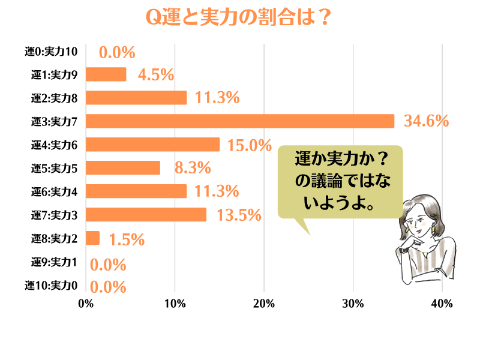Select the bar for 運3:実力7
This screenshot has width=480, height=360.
[x=240, y=121]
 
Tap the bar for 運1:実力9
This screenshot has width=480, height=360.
[x=106, y=74]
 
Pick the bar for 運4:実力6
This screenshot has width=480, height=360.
[x=153, y=145]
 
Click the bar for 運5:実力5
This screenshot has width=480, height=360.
[x=123, y=168]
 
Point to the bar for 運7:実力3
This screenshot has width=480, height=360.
[x=146, y=215]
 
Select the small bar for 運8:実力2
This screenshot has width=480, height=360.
[x=93, y=238]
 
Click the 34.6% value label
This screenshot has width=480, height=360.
[x=427, y=121]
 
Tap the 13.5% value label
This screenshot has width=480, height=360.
[x=239, y=215]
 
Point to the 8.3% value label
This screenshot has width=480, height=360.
[x=192, y=168]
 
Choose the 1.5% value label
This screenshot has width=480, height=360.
[x=127, y=239]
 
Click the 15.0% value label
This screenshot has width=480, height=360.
[x=247, y=145]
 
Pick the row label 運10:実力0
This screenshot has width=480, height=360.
[x=52, y=286]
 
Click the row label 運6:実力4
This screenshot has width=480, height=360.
[x=55, y=192]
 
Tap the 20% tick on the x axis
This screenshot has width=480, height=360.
[x=264, y=304]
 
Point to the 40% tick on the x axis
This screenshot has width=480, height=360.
[x=442, y=304]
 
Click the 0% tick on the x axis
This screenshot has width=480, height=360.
[x=86, y=304]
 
